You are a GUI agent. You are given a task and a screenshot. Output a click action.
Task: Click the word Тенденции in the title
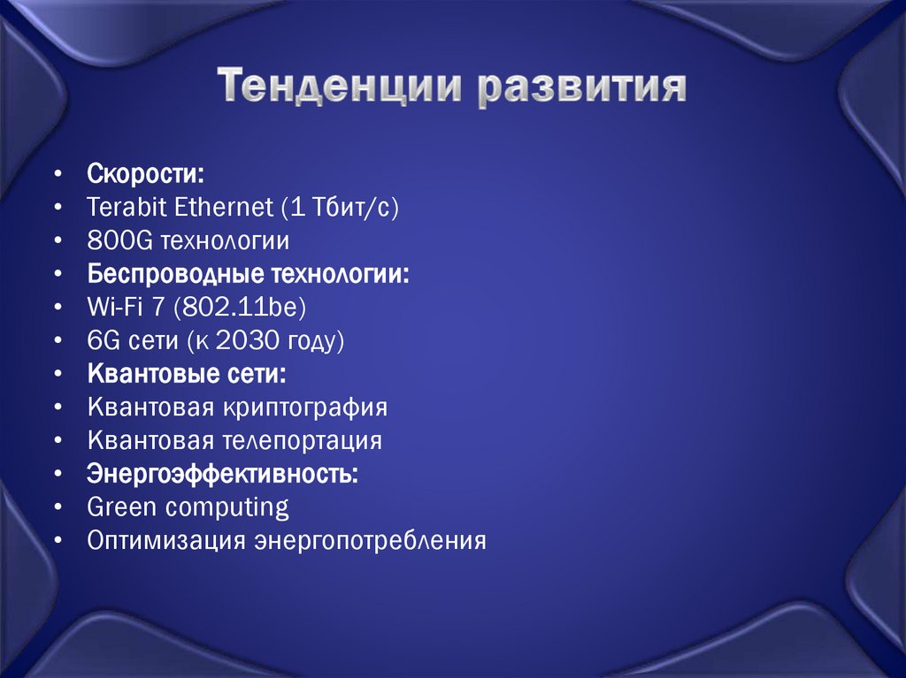342,88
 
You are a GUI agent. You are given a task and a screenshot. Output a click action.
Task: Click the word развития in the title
583,88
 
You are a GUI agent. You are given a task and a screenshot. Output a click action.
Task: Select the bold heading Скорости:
145,172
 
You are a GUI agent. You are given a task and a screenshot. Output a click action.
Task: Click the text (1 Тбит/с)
342,207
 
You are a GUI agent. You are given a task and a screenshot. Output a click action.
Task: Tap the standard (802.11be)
240,307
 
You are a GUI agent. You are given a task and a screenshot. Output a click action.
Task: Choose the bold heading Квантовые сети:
187,374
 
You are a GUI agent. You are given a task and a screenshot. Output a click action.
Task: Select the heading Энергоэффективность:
223,474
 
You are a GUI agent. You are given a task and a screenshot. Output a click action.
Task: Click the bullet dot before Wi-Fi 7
58,308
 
